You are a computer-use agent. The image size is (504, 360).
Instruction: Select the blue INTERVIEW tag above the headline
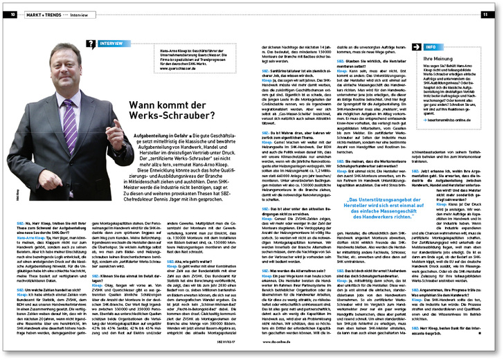coord(114,44)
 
